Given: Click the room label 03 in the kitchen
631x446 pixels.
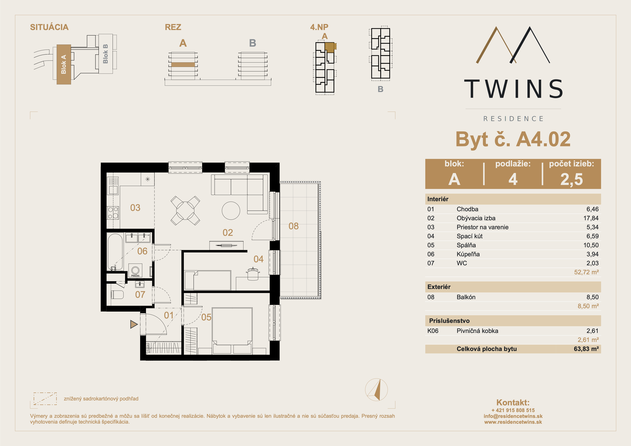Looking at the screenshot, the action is [x=135, y=208].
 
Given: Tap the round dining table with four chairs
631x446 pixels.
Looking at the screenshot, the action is [x=185, y=211].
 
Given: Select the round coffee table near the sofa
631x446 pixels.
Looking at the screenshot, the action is [x=231, y=211].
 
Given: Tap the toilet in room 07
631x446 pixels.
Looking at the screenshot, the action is [x=117, y=295].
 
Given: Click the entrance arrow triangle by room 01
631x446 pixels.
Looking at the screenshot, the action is [x=134, y=324].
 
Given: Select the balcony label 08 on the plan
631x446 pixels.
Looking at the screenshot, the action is [x=294, y=226].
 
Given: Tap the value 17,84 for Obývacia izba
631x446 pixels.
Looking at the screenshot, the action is [x=591, y=218].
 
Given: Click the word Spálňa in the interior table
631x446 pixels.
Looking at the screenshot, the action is [x=466, y=245].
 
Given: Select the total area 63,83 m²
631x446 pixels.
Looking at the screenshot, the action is [x=586, y=349].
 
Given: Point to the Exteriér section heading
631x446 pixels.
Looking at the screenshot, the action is [x=439, y=287].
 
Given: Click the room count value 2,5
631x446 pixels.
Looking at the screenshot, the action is [x=572, y=179].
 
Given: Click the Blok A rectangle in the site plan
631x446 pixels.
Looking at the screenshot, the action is [x=64, y=64].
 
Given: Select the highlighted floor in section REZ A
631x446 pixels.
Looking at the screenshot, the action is [x=183, y=65].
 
